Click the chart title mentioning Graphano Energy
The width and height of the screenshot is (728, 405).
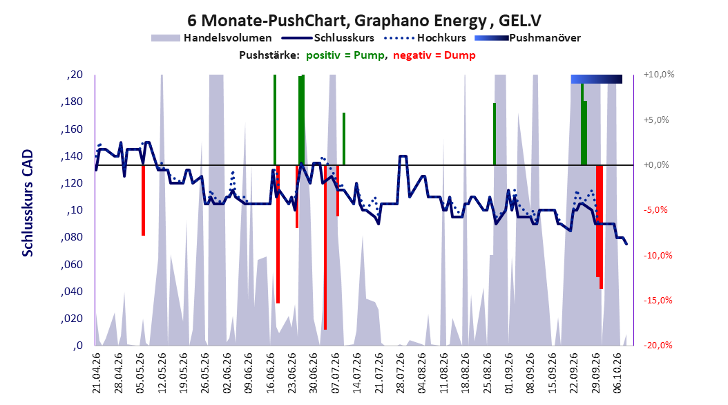coord(364,21)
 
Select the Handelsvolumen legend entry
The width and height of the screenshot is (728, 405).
coord(211,38)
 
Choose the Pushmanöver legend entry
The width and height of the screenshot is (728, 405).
coord(528,38)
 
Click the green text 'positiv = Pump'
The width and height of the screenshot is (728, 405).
coord(345,55)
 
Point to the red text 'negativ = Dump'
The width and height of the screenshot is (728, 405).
coord(434,55)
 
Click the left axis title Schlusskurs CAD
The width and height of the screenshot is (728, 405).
coord(28,202)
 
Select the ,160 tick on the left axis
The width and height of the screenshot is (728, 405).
coord(72,129)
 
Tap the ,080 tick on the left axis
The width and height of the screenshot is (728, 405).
coord(72,237)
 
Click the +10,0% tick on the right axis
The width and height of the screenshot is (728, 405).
coord(658,75)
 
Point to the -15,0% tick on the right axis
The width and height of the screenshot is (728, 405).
coord(658,301)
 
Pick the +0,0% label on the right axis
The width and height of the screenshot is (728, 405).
coord(656,165)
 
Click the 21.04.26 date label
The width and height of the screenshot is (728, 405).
coord(96,373)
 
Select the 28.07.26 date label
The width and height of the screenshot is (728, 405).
coord(401,373)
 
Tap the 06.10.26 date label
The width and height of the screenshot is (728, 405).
coord(617,373)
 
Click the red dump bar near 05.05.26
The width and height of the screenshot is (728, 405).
coord(144,200)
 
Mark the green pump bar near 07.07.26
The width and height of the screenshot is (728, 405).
coord(344,139)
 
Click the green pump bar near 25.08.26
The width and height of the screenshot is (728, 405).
coord(495,134)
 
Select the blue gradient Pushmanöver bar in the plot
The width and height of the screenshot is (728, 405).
coord(597,79)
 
